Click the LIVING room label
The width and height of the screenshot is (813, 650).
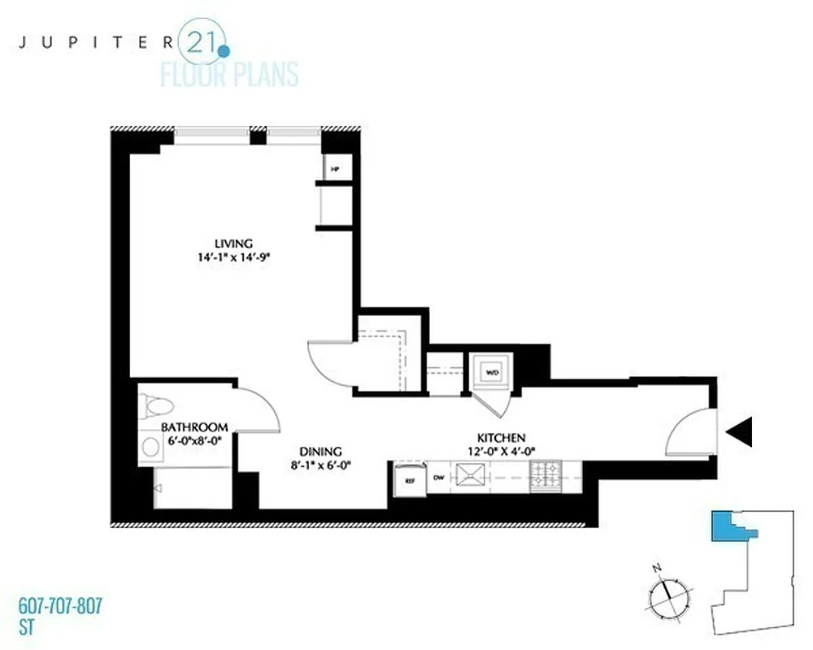click(x=234, y=243)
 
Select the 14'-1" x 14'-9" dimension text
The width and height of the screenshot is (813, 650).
click(x=234, y=258)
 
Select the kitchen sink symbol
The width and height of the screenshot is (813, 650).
click(x=470, y=476)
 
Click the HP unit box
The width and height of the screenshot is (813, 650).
click(x=333, y=169)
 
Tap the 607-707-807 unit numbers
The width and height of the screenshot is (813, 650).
click(x=60, y=606)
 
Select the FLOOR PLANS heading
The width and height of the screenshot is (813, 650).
click(x=229, y=75)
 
